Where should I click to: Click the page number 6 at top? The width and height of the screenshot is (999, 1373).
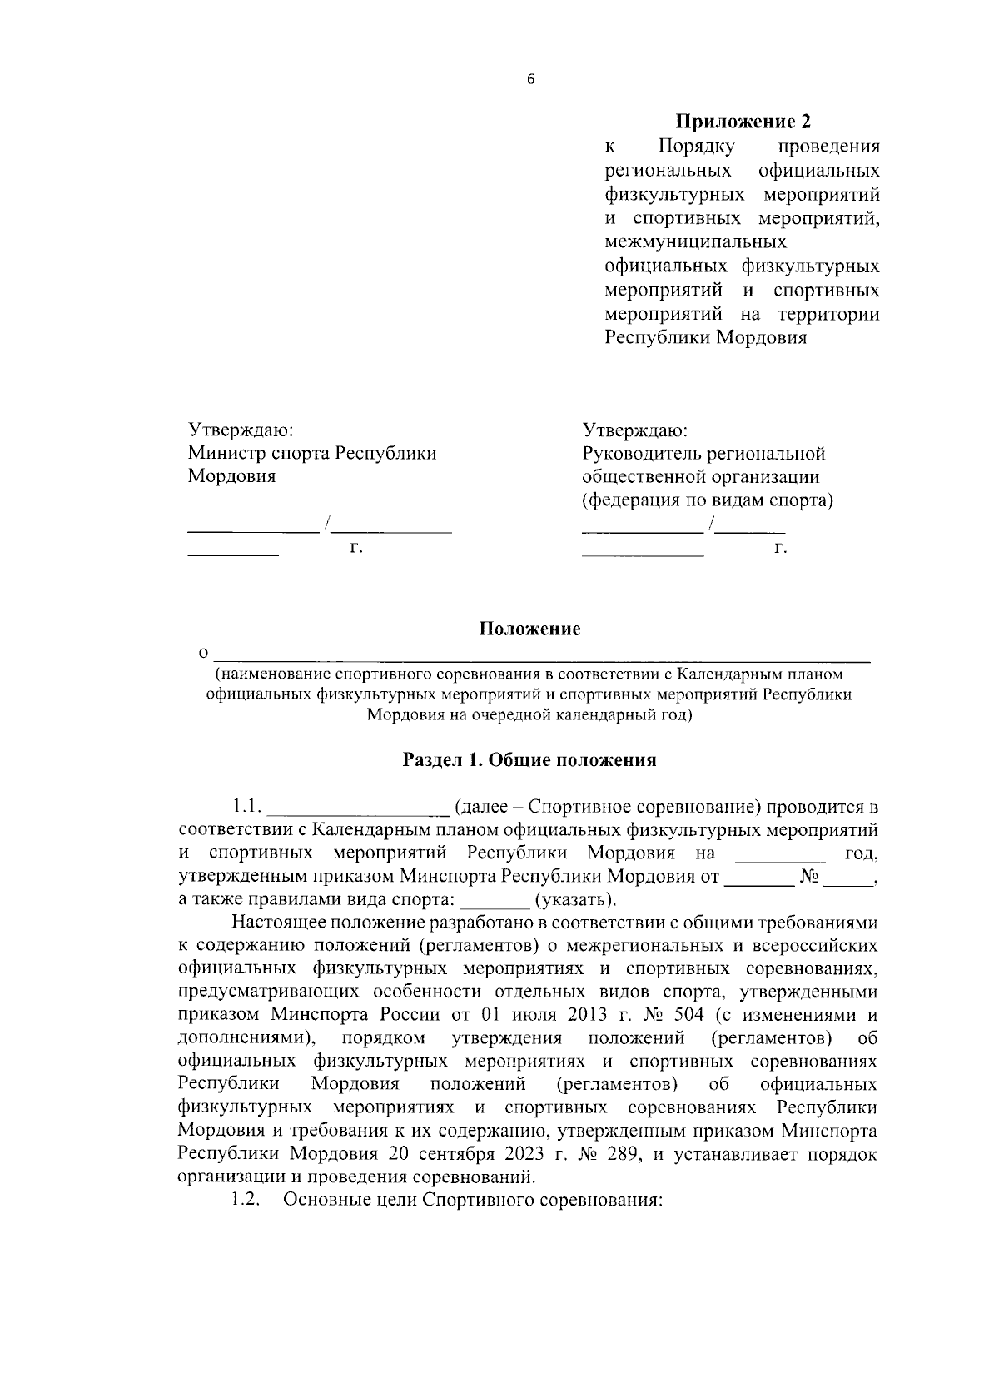pos(529,80)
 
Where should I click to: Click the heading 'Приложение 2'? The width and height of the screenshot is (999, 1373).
pos(742,122)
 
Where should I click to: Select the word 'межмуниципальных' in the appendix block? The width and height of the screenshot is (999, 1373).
pos(695,242)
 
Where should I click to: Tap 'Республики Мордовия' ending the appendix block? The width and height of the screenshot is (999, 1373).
pos(705,338)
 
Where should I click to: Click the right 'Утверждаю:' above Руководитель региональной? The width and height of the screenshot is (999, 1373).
pos(634,430)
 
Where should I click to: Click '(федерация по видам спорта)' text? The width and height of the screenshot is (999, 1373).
pos(708,500)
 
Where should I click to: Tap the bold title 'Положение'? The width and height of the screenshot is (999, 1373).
pos(529,629)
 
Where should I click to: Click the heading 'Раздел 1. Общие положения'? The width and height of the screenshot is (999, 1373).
pos(529,759)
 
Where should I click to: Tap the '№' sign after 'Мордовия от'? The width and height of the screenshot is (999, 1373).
pos(810,877)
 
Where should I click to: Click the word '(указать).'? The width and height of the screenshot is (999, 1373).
pos(576,900)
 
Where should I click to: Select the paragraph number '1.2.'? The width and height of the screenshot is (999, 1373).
pos(247,1201)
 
